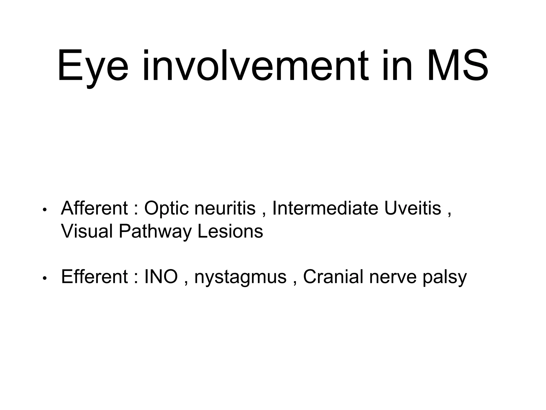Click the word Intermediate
point(325,208)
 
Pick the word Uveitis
point(413,208)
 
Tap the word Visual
point(87,231)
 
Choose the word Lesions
point(230,231)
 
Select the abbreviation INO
point(161,277)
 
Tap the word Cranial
point(333,277)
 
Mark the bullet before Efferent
point(45,278)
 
